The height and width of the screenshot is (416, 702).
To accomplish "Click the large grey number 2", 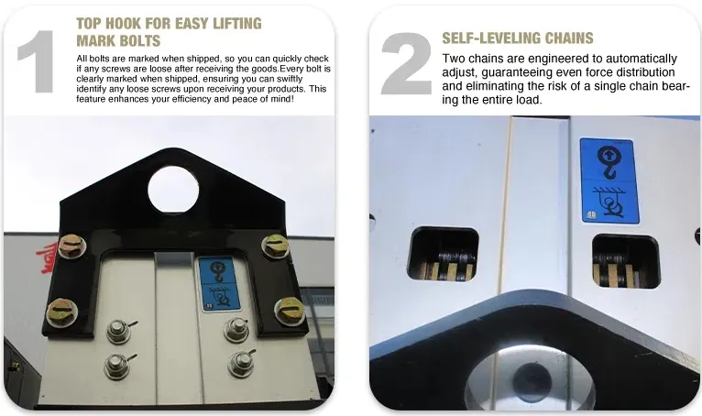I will [406, 62].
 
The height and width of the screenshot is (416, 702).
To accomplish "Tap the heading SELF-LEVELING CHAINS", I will [518, 38].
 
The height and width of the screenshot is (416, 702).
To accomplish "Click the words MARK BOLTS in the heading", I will [116, 40].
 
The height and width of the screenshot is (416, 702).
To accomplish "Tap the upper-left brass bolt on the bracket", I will [71, 246].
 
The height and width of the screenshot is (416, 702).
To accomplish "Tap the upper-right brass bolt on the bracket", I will [275, 246].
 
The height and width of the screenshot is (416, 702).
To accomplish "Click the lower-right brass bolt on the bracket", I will [289, 310].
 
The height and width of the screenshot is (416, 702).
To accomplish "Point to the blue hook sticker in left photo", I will [219, 281].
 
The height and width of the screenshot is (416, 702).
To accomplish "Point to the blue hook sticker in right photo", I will [608, 181].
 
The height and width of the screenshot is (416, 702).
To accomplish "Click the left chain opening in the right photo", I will [443, 254].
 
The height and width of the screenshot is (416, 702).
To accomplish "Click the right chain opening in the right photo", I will [627, 261].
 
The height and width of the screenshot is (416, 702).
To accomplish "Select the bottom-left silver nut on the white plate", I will [116, 366].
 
